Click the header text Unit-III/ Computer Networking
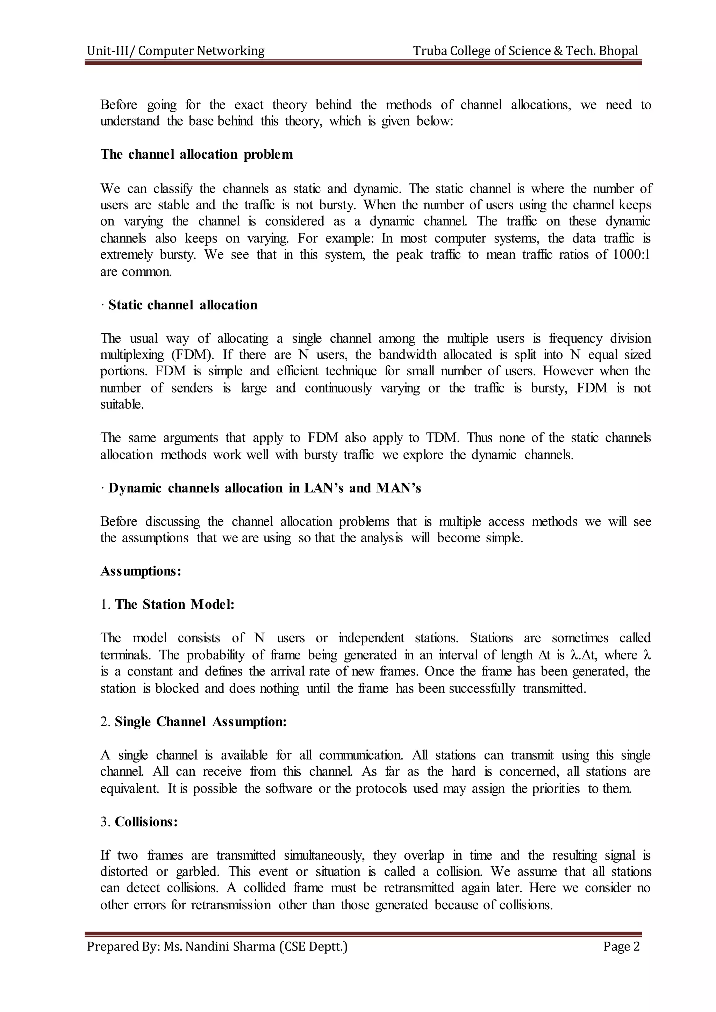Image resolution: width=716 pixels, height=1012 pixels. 176,51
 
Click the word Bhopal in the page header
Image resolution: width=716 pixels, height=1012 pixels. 618,51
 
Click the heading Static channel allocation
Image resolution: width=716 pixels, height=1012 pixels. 182,305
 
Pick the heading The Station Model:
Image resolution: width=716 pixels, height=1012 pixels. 174,604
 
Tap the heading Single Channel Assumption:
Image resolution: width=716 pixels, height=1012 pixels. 201,722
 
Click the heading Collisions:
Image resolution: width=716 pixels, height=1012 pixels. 146,822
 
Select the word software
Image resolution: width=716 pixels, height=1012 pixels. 289,789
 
